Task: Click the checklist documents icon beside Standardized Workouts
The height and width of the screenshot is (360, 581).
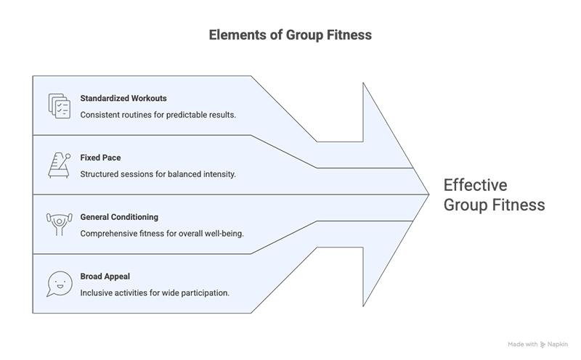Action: click(58, 105)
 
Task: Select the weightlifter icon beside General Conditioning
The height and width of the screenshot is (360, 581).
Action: click(58, 224)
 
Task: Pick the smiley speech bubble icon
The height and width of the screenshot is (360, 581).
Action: click(58, 283)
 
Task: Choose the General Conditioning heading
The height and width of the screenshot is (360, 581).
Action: click(119, 216)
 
